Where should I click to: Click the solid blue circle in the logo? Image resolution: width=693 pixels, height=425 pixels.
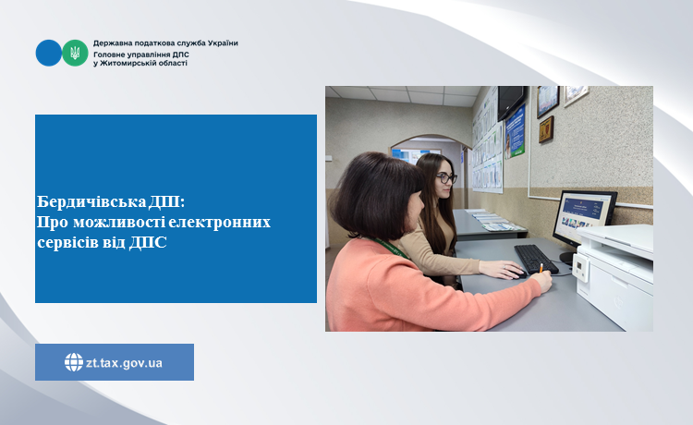point(49,53)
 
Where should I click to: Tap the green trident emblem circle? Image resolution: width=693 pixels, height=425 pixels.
point(75,53)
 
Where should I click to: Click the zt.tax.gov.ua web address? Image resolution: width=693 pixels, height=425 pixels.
point(124,363)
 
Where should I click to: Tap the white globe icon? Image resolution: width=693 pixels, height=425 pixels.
point(74,362)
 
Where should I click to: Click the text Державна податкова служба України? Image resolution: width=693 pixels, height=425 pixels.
point(165,42)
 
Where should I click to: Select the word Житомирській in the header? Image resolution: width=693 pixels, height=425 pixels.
point(125,63)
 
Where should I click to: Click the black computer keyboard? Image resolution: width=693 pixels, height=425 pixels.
point(536,260)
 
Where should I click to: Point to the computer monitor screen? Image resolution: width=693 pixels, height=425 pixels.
point(583,214)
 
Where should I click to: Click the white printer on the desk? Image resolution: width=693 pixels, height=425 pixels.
point(614,275)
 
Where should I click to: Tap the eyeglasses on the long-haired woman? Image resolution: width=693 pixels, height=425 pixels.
point(446,178)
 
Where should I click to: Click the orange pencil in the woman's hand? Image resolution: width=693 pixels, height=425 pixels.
point(541,268)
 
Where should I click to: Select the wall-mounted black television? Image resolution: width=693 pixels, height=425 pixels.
point(511,103)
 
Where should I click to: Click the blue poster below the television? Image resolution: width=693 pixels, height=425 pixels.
point(515,131)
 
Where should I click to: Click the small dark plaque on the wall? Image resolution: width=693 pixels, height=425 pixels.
point(546,129)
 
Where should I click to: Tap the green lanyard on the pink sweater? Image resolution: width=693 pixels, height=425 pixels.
point(391,248)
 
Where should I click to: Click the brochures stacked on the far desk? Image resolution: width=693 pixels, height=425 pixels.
point(492,220)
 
